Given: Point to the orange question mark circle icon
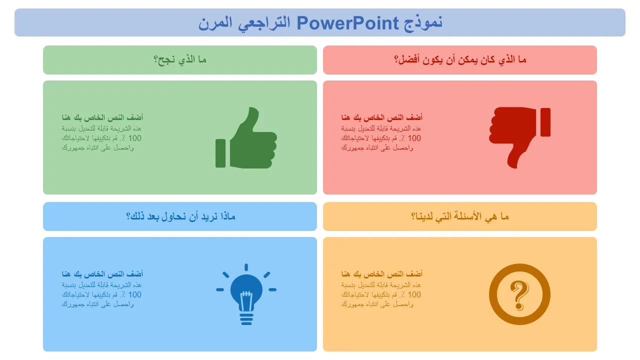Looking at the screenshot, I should click(x=519, y=294).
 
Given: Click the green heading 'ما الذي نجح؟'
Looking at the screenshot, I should click(x=180, y=60).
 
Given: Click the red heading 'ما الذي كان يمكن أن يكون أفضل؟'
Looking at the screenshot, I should click(x=460, y=60).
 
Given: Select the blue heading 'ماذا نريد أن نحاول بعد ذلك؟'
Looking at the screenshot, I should click(x=180, y=216).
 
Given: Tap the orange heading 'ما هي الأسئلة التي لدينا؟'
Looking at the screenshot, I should click(x=460, y=216).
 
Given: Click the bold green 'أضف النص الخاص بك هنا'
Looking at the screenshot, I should click(x=102, y=117).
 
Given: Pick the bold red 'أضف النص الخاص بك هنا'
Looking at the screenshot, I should click(x=382, y=117).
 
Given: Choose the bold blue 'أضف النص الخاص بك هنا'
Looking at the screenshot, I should click(x=102, y=274).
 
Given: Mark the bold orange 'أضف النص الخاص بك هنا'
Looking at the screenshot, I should click(x=382, y=274).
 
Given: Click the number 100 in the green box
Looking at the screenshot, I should click(x=135, y=138).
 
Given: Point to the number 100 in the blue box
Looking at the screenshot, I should click(x=135, y=294).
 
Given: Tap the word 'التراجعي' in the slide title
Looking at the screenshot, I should click(x=263, y=23).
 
